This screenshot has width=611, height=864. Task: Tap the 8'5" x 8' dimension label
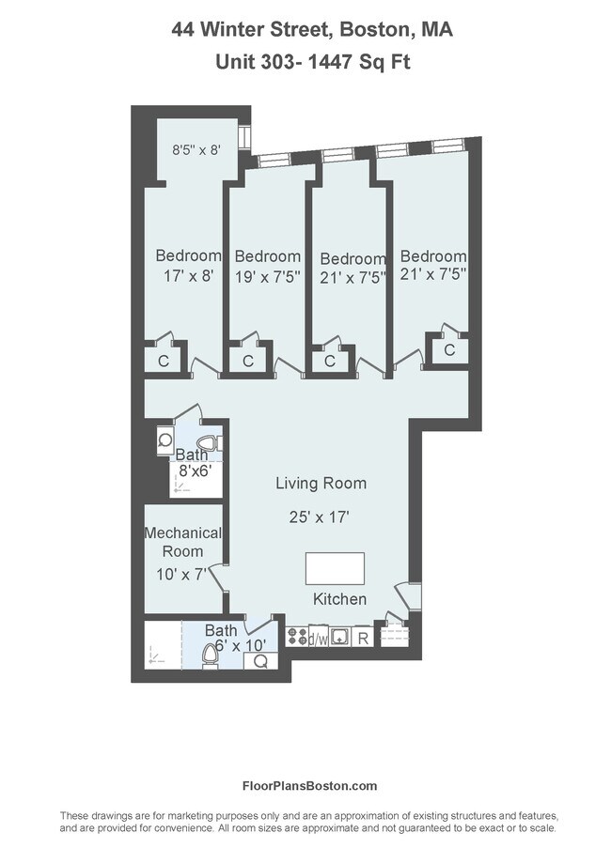pyautogui.click(x=196, y=148)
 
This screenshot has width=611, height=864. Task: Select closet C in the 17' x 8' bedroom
pyautogui.click(x=163, y=361)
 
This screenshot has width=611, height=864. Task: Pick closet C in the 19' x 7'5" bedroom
pyautogui.click(x=248, y=361)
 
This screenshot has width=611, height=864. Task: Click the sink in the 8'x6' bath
pyautogui.click(x=165, y=440)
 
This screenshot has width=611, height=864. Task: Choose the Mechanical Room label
pyautogui.click(x=182, y=542)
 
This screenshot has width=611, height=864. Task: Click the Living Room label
pyautogui.click(x=321, y=484)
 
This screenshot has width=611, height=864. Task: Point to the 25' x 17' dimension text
pyautogui.click(x=321, y=516)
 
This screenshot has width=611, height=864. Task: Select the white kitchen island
pyautogui.click(x=335, y=569)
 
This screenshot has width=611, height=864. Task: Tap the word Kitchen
pyautogui.click(x=339, y=599)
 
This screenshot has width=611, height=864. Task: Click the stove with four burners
pyautogui.click(x=297, y=638)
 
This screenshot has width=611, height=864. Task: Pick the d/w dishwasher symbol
pyautogui.click(x=318, y=640)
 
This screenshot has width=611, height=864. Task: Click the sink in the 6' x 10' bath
pyautogui.click(x=260, y=660)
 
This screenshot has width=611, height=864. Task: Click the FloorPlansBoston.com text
pyautogui.click(x=309, y=786)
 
